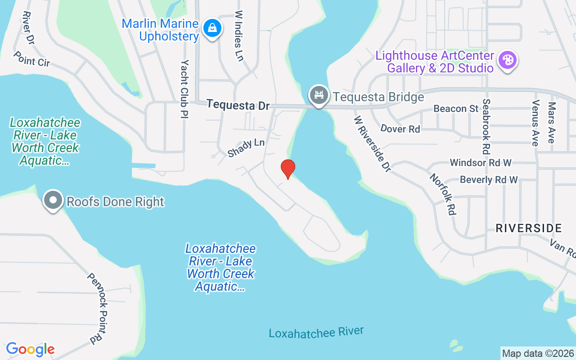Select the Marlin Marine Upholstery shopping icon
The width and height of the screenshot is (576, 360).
point(211,28)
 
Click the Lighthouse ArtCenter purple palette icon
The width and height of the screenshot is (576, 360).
point(507,60)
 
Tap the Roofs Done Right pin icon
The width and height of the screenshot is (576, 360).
point(53,201)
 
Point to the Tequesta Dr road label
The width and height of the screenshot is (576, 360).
point(238,105)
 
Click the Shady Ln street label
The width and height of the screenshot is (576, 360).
point(246,148)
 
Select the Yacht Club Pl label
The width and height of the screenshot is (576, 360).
point(184,89)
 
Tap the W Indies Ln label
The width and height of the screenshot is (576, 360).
point(239,36)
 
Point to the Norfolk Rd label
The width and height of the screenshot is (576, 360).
point(443,194)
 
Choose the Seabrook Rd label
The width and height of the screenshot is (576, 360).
point(486,126)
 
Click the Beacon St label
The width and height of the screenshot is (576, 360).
point(456,108)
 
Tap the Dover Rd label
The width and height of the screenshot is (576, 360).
point(400,129)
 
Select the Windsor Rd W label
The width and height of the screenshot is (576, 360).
point(481,162)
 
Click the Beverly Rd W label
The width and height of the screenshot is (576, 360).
point(489,180)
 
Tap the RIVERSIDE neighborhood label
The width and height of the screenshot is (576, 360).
point(529,228)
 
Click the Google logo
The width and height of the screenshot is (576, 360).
point(30,349)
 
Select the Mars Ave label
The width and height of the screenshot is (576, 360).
point(551,122)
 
